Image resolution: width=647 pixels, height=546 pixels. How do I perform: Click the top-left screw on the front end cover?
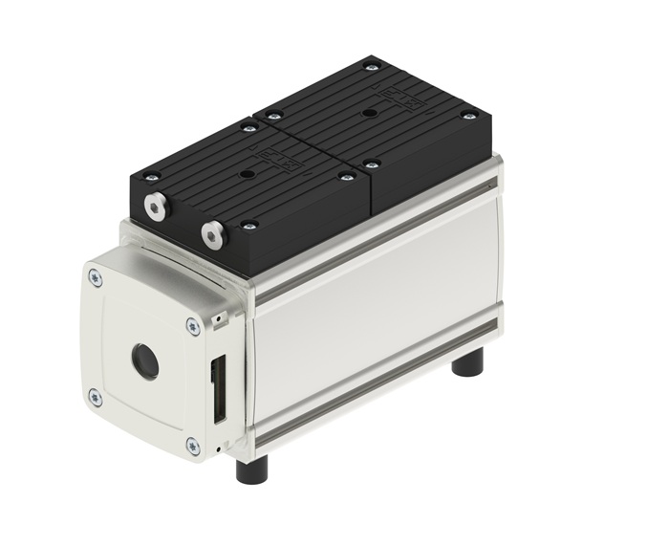(94, 277)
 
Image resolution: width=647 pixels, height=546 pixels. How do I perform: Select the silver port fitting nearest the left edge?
(154, 205)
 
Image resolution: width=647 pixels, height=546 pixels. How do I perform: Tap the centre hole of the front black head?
(248, 173)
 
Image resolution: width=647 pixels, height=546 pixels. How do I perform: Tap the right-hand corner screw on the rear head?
(467, 116)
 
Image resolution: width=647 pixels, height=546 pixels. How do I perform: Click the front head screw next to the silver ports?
(249, 226)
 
